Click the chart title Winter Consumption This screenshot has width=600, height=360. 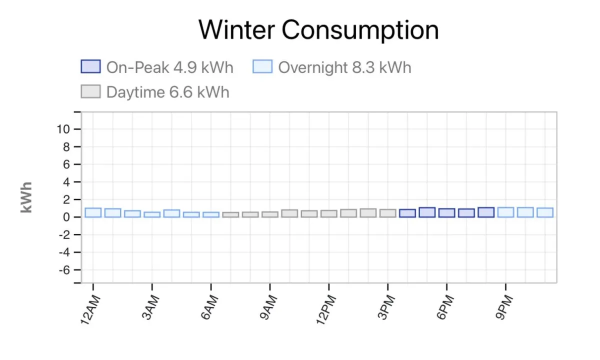[x=318, y=29]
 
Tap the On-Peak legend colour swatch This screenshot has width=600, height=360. [x=91, y=66]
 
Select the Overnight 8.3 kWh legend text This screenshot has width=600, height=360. [x=344, y=67]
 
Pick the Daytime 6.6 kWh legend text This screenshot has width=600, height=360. [x=167, y=92]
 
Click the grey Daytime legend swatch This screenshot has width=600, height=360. [x=91, y=91]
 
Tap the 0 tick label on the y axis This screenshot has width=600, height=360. [x=65, y=217]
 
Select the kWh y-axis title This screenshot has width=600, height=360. [x=26, y=197]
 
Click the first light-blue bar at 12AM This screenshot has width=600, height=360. [x=93, y=212]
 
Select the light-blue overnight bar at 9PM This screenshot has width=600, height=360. [x=505, y=212]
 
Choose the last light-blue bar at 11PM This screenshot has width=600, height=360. [x=545, y=212]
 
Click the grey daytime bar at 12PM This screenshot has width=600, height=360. [x=329, y=213]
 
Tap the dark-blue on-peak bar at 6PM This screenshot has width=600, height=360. [x=446, y=212]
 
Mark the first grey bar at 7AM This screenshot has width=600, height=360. [x=230, y=214]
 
